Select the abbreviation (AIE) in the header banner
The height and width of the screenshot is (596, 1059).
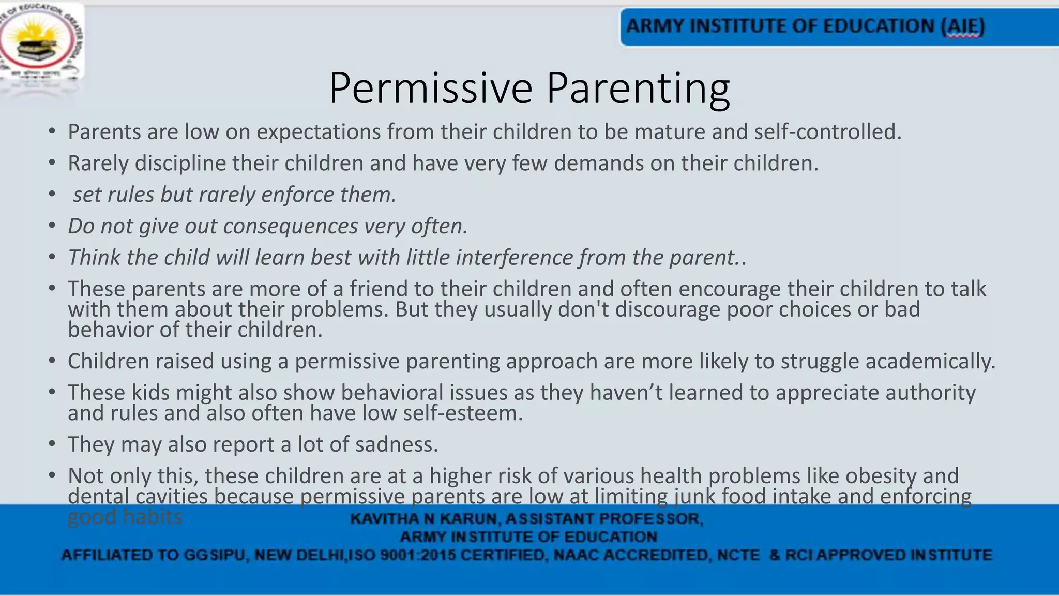click(962, 26)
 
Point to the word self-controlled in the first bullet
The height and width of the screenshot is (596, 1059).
click(827, 132)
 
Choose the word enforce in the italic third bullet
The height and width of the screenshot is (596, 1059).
click(297, 195)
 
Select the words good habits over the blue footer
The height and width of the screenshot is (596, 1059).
click(125, 517)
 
